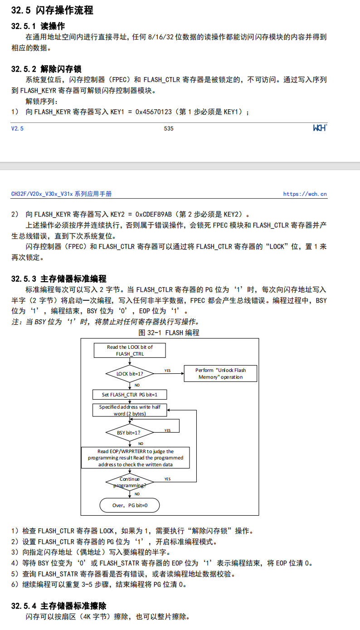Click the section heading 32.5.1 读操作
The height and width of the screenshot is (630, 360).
[38, 26]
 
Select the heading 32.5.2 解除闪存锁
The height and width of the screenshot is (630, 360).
[46, 69]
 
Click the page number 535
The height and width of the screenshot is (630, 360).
[169, 128]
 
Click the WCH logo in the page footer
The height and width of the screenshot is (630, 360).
[320, 128]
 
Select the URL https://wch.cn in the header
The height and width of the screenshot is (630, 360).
[305, 194]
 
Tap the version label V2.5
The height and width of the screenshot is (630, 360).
[17, 129]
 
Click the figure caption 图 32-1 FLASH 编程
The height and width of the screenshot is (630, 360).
[169, 332]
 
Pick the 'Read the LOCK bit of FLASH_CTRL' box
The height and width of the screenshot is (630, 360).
[130, 350]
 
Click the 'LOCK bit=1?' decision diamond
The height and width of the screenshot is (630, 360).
[130, 374]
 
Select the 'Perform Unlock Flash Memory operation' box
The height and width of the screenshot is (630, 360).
[220, 374]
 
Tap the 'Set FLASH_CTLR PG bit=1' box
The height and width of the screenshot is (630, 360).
[130, 395]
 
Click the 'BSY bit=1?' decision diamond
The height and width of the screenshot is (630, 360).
[130, 433]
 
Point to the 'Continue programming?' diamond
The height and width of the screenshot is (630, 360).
[130, 482]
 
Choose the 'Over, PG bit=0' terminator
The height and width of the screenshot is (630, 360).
[130, 505]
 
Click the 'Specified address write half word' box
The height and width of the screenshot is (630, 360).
[130, 410]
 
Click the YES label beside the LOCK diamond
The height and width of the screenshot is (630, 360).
[168, 371]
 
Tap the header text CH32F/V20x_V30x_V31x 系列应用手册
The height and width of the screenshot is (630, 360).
[61, 194]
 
